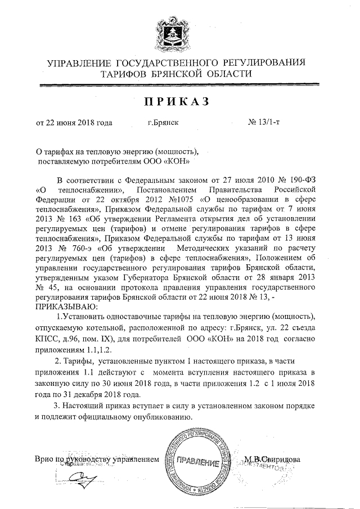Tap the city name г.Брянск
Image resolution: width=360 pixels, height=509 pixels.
coord(163,122)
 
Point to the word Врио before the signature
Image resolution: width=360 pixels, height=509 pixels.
coord(44,459)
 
